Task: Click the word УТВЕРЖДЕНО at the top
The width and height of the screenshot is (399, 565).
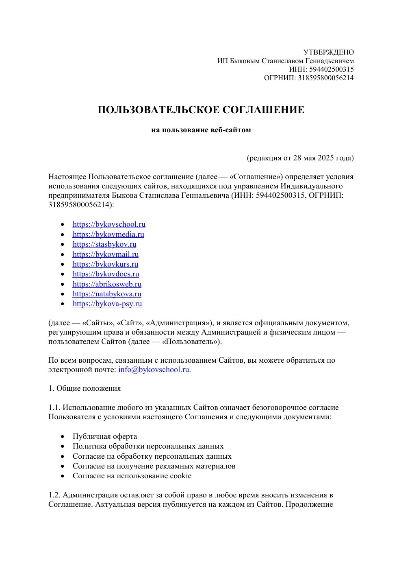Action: coord(328,52)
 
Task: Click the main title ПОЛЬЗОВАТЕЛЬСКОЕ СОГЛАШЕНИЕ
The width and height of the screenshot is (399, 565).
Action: coord(201,110)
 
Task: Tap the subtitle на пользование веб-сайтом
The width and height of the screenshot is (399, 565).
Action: coord(201,130)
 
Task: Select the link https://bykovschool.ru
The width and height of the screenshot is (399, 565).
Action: coord(109,224)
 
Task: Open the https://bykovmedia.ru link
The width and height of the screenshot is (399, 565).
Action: coord(108,234)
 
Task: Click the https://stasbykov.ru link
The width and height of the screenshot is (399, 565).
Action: coord(104,244)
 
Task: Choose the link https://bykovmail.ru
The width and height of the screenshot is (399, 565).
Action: coord(106,254)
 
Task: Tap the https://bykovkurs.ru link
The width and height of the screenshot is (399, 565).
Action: coord(105,264)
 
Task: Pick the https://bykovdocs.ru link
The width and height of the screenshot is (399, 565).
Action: coord(106,274)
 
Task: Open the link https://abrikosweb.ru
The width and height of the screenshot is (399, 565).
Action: coord(107,284)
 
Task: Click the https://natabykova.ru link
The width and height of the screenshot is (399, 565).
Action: coord(107,294)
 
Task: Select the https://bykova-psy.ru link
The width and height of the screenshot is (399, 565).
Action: coord(107,304)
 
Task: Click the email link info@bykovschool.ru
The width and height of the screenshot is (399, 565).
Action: coord(154,370)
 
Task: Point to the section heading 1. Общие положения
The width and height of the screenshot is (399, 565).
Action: coord(85,388)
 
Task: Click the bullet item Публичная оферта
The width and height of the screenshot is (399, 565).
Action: coord(105,436)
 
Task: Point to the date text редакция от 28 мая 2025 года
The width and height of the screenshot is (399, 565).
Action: coord(300,158)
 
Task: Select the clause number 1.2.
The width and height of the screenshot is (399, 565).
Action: coord(54,495)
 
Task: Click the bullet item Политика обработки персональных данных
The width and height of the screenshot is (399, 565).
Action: coord(148,446)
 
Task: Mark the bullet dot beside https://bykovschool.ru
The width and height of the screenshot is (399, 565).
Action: coord(63,225)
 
